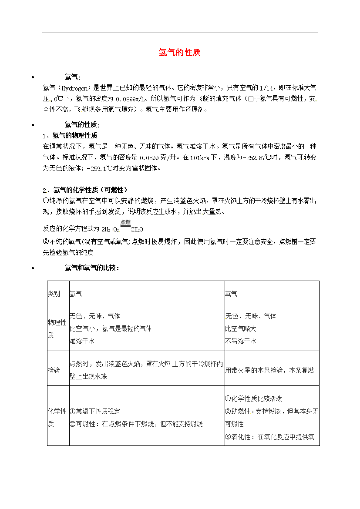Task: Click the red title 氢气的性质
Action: [x=179, y=53]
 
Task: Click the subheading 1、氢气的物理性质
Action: [x=70, y=135]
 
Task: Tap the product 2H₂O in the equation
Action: [x=137, y=229]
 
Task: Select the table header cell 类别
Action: [x=54, y=294]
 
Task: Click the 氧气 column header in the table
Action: [x=231, y=294]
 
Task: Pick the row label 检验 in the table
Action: [x=54, y=370]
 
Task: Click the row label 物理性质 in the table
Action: [x=57, y=328]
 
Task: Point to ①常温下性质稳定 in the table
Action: [x=94, y=411]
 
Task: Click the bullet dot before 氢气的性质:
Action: [x=33, y=125]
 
